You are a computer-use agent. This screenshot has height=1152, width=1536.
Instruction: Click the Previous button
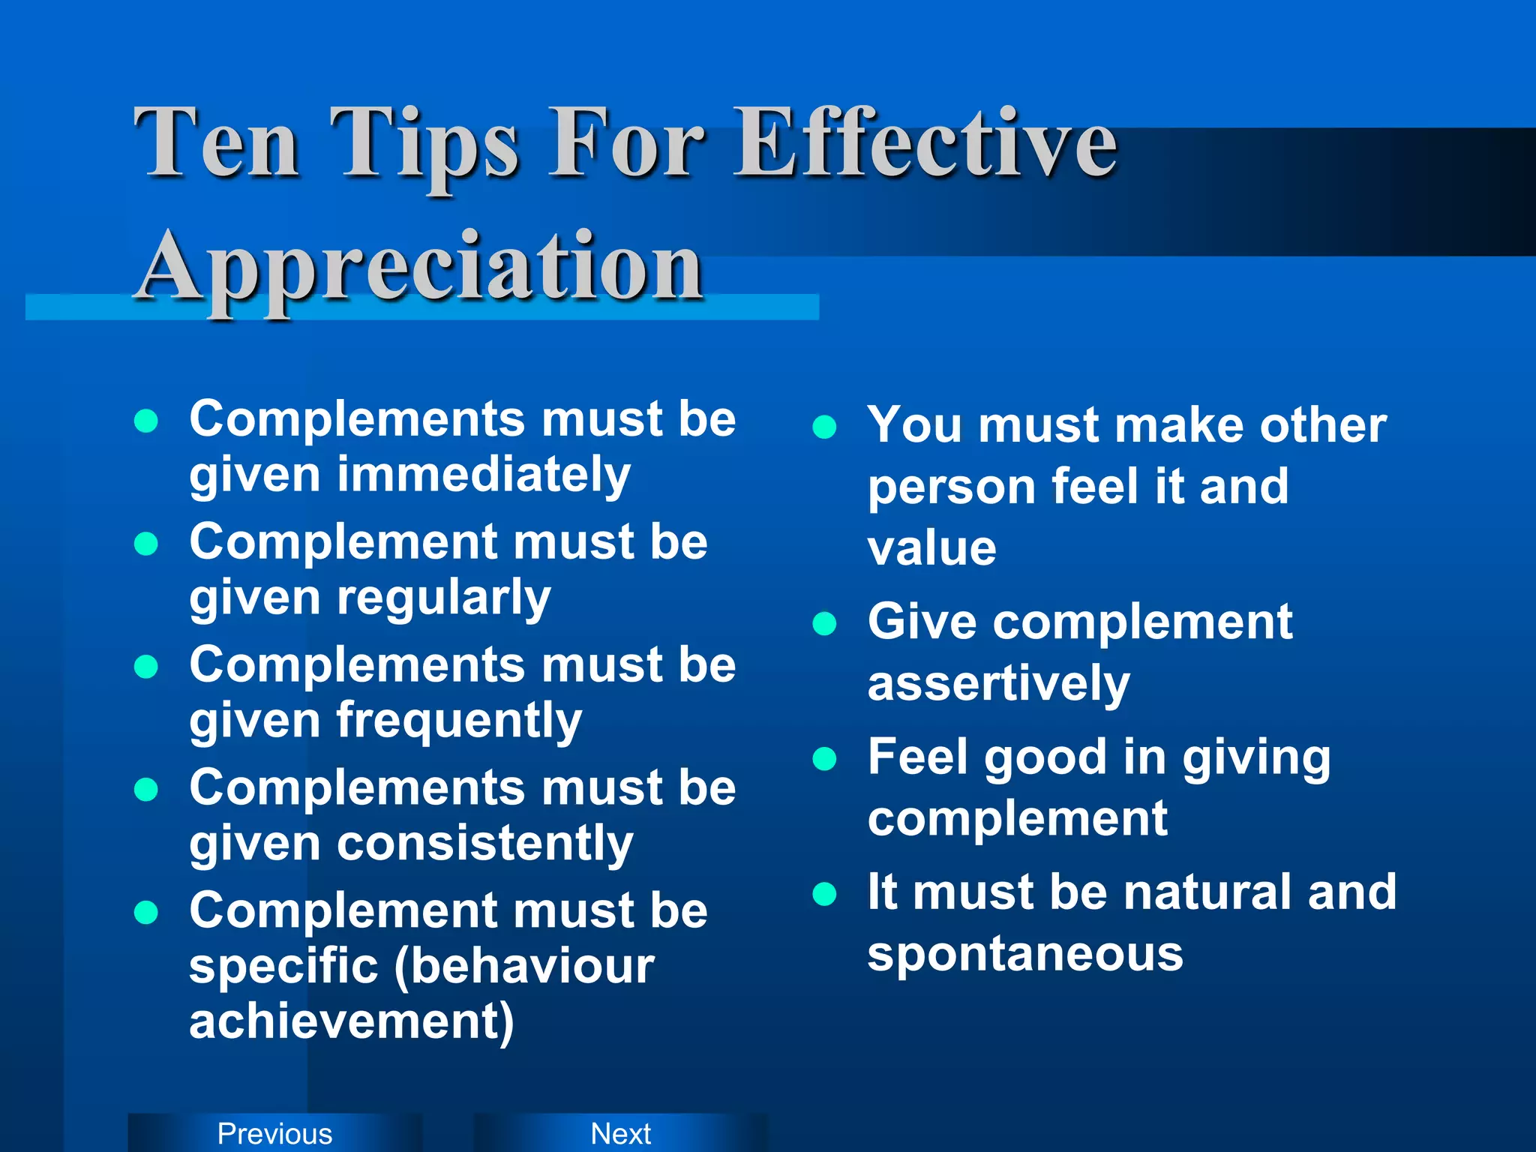click(x=274, y=1133)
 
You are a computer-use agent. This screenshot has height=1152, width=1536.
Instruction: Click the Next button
click(x=621, y=1133)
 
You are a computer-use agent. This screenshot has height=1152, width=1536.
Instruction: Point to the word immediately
click(x=484, y=475)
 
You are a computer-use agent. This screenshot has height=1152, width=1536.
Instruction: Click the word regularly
click(x=444, y=598)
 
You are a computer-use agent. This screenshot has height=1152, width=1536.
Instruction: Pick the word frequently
click(x=459, y=721)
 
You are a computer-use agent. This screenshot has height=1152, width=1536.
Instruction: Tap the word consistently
click(x=485, y=844)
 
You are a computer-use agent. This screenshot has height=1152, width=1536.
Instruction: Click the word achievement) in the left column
click(x=352, y=1021)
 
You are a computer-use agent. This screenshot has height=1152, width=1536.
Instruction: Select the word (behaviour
click(x=524, y=966)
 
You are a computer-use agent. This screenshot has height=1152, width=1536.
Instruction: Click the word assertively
click(x=998, y=684)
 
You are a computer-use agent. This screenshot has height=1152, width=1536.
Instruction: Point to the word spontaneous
click(x=1025, y=954)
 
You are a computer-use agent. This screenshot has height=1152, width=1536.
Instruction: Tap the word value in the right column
click(x=932, y=548)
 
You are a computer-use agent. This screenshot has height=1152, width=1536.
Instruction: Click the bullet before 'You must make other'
click(x=824, y=427)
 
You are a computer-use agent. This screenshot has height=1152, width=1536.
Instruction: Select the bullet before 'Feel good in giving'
click(x=824, y=759)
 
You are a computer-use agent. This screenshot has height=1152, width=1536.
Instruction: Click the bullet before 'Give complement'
click(x=824, y=624)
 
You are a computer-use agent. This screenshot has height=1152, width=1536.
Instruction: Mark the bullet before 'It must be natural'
click(x=824, y=894)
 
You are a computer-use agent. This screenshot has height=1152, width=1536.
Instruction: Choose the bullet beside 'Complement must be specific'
click(x=145, y=912)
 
